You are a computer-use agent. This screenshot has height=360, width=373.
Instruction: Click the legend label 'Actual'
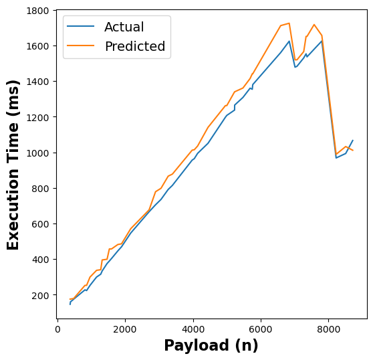124,27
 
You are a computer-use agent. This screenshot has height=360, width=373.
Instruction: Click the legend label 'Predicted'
134,47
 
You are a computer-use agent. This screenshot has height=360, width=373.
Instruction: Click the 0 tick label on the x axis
58,329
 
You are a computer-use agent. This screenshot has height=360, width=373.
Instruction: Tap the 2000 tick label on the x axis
126,329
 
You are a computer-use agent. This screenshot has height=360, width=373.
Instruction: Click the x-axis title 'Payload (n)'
211,346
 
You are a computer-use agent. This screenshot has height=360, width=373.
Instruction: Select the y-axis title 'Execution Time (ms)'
13,164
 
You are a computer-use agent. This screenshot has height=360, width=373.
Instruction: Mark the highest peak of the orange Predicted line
289,23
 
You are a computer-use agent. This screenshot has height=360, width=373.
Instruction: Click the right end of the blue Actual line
353,141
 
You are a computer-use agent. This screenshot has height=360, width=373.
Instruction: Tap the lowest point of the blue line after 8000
336,158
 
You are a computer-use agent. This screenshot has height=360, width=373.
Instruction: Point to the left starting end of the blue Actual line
70,304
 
